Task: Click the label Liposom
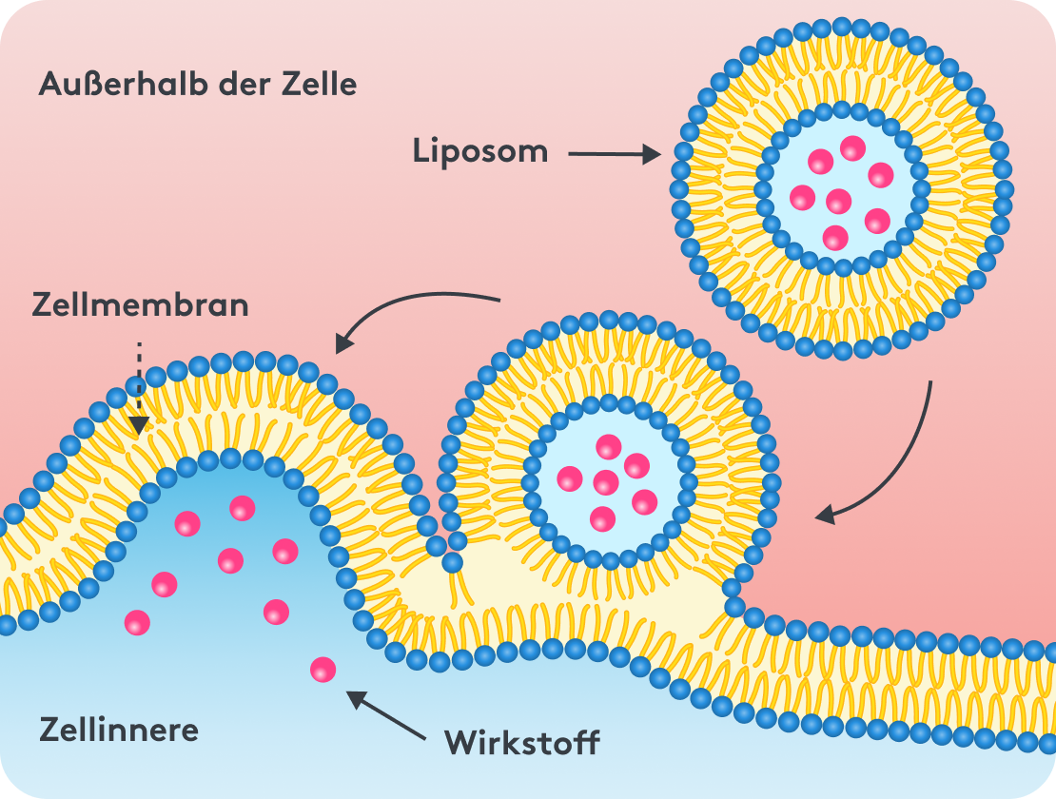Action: point(480,152)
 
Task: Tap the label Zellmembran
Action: point(140,305)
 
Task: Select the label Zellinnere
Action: point(119,730)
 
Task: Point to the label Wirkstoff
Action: point(522,742)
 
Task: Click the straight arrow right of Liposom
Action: point(615,154)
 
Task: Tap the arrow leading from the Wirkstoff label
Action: point(385,715)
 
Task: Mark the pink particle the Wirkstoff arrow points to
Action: point(323,670)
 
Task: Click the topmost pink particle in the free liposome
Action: point(852,148)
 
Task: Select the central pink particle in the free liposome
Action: point(838,201)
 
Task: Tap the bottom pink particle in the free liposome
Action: point(835,238)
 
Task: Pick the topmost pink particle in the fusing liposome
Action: point(607,446)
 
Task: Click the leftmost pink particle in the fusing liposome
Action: point(569,477)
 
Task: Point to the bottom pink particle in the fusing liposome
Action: point(602,518)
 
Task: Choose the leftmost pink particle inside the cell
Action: point(138,622)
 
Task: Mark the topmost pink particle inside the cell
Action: point(243,507)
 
